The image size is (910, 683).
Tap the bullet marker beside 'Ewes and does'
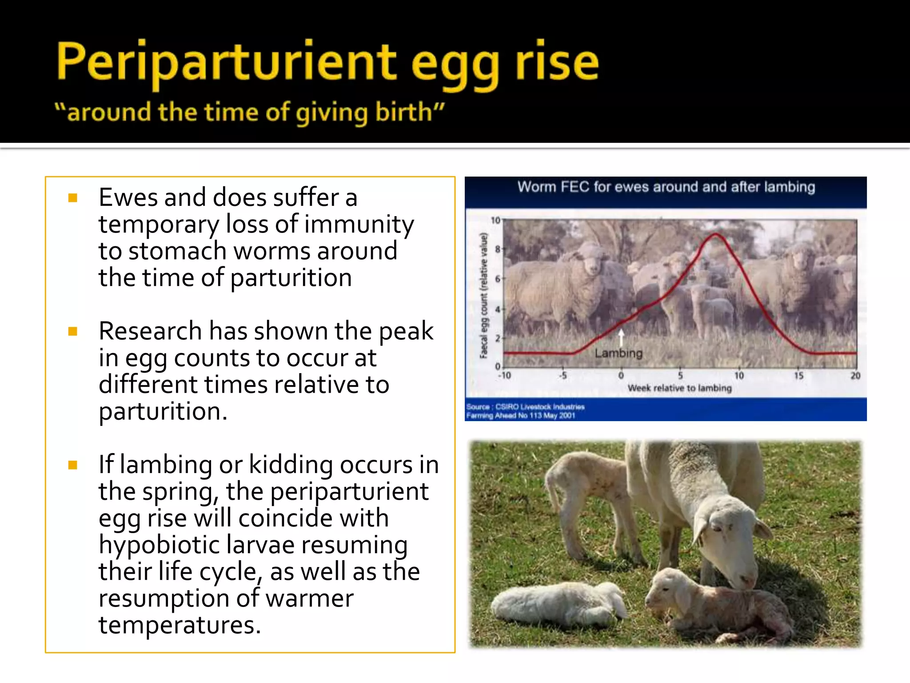pos(73,198)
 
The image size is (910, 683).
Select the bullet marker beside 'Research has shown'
pos(73,331)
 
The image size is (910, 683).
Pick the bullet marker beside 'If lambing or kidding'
pos(73,465)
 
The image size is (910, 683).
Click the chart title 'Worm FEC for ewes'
pos(666,187)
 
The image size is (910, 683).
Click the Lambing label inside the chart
pos(619,354)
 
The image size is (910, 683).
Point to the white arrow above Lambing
pos(621,337)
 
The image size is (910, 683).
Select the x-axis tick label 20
pos(855,376)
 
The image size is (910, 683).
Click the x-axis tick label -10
pos(504,376)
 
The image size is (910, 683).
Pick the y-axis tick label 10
pos(495,220)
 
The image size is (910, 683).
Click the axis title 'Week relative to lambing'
pos(679,388)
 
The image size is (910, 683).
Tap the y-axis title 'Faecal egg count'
pos(484,296)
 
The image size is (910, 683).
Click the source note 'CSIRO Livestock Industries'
pos(539,406)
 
